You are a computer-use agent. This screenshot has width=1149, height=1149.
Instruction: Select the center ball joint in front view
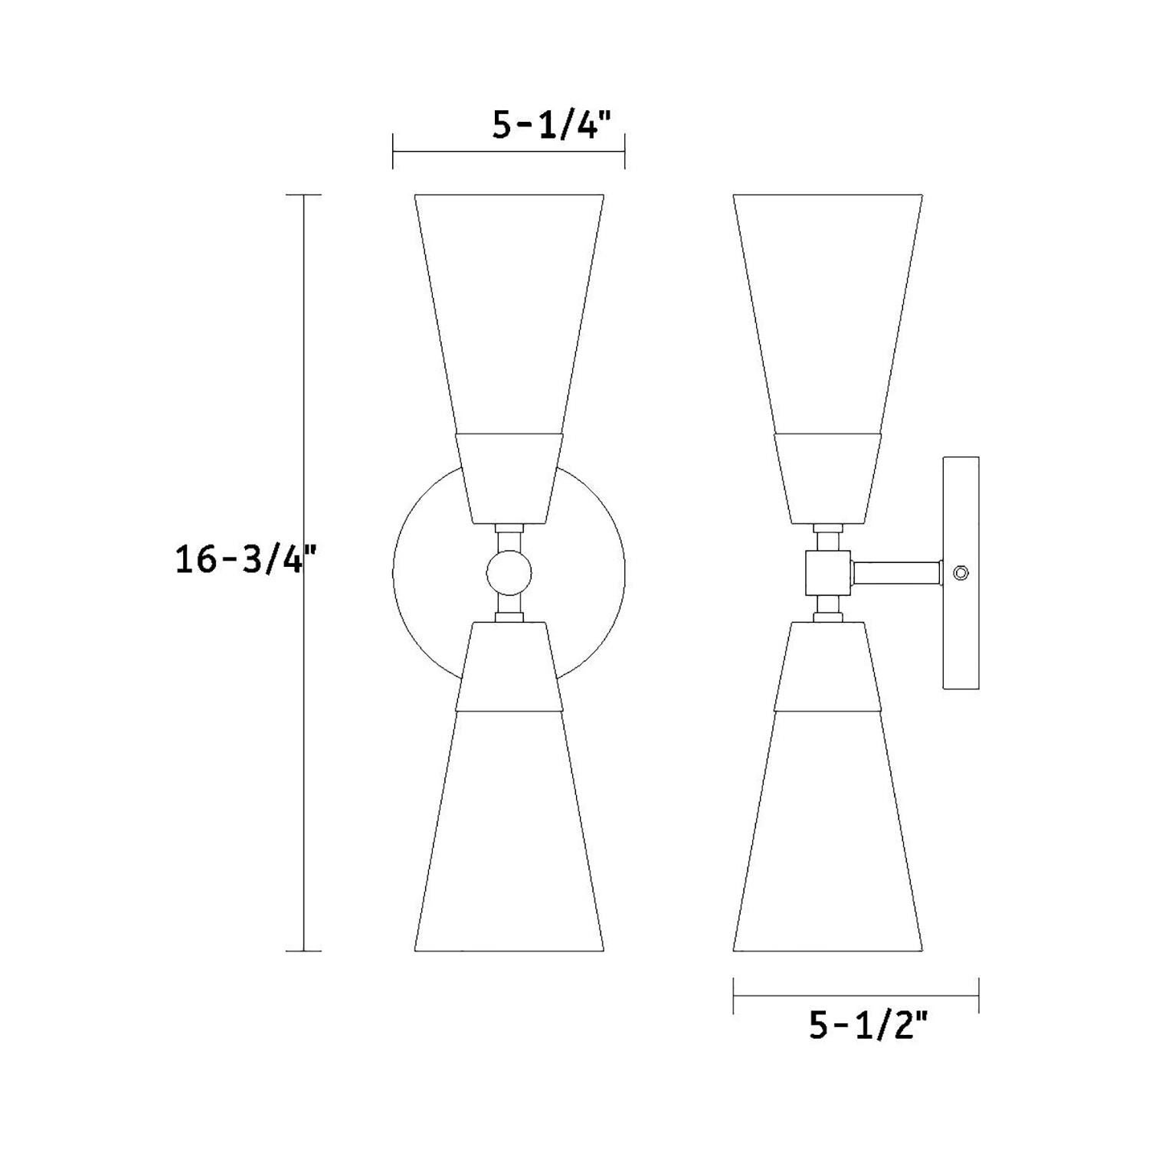[509, 573]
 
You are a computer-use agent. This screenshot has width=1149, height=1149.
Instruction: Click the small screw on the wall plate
[961, 572]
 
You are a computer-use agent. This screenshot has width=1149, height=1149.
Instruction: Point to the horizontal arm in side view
[896, 572]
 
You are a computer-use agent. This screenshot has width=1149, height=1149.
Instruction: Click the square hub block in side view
[828, 572]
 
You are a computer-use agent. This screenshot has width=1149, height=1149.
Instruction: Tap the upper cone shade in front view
[509, 306]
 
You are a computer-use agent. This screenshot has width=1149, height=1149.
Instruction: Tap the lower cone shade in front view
[509, 835]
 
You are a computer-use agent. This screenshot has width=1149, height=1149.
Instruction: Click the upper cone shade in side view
[827, 306]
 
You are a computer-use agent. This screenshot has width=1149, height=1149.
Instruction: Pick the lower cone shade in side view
[827, 835]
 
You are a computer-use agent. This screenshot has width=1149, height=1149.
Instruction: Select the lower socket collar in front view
[509, 666]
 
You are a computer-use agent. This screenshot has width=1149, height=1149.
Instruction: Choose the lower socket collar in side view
[827, 666]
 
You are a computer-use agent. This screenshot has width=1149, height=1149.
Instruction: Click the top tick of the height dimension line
[303, 195]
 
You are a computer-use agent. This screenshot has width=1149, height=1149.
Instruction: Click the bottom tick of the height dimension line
[303, 951]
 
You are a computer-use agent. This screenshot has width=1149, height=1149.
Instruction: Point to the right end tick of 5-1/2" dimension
[979, 995]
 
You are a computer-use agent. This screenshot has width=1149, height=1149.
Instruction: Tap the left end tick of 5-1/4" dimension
[393, 151]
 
